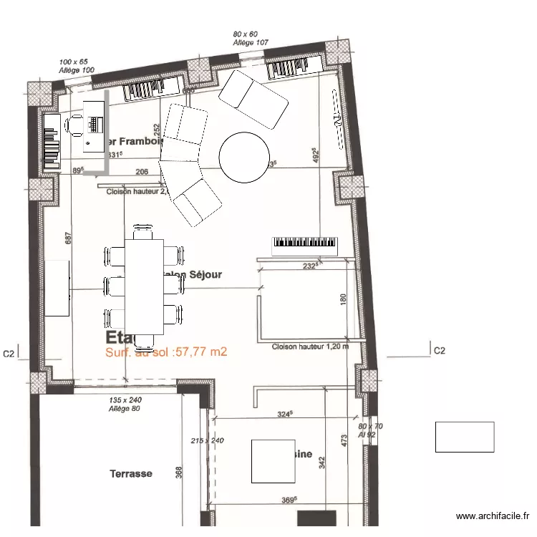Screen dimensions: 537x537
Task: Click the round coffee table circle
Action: pyautogui.click(x=244, y=158)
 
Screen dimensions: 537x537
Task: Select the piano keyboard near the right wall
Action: pyautogui.click(x=305, y=246)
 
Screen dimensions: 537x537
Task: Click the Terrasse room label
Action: pyautogui.click(x=131, y=474)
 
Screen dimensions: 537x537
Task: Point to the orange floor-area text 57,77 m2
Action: pyautogui.click(x=166, y=352)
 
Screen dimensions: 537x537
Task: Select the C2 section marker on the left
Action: pyautogui.click(x=9, y=353)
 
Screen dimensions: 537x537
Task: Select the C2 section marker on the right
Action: pyautogui.click(x=439, y=351)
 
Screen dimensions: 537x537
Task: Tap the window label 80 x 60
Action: pyautogui.click(x=245, y=34)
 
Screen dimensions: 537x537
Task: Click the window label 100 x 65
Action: pyautogui.click(x=73, y=62)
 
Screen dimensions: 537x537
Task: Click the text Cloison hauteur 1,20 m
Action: pyautogui.click(x=310, y=347)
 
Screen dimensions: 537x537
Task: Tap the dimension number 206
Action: pyautogui.click(x=142, y=172)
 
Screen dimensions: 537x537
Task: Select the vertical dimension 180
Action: pyautogui.click(x=343, y=301)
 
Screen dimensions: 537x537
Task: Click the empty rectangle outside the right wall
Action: pyautogui.click(x=465, y=437)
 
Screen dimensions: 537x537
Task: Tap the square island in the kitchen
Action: pyautogui.click(x=272, y=460)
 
